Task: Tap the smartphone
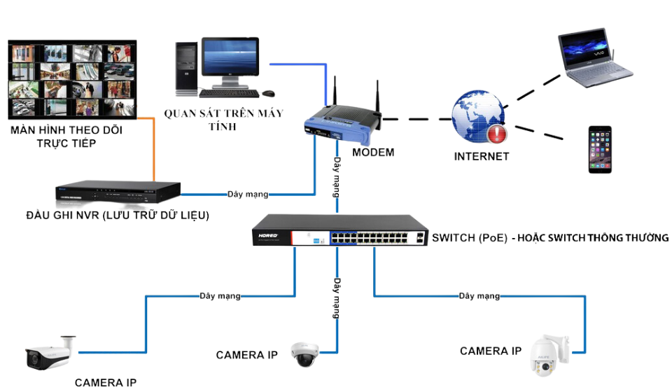(599, 149)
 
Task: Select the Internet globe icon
(479, 117)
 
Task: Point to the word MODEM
(373, 153)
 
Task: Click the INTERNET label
(482, 156)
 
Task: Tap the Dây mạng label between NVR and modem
(248, 194)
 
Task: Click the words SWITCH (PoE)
(468, 238)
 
